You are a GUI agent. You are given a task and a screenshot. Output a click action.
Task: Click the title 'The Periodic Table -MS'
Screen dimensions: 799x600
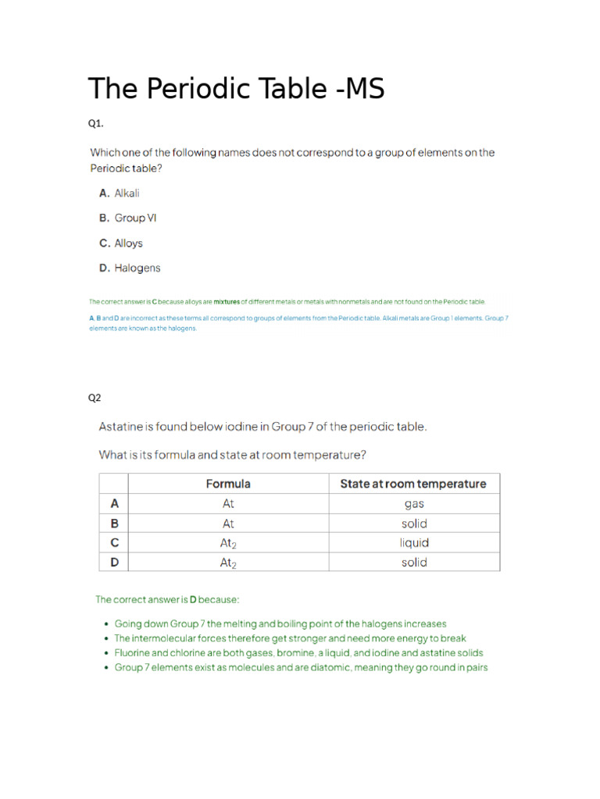point(236,89)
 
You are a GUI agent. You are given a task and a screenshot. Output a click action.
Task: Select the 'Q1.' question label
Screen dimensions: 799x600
point(95,123)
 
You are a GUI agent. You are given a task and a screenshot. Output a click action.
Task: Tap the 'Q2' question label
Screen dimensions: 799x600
point(95,397)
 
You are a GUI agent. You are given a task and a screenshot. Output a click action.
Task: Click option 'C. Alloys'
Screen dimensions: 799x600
point(120,243)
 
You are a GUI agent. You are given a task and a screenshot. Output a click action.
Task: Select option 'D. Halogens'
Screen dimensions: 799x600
point(129,268)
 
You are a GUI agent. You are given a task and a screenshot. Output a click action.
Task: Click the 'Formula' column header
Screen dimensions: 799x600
point(228,484)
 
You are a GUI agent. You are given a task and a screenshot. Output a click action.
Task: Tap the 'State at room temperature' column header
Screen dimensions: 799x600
point(412,484)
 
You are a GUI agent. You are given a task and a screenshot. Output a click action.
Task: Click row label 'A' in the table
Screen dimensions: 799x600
point(113,504)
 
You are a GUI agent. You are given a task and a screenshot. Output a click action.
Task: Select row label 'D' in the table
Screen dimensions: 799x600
point(113,562)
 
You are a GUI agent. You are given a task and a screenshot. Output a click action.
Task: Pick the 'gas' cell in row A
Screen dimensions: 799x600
point(413,504)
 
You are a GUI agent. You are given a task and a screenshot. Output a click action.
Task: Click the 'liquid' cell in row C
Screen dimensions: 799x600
point(413,542)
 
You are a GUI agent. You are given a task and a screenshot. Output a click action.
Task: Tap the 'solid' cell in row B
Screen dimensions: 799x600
point(413,524)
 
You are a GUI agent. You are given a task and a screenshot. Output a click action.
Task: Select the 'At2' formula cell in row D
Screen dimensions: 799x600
point(228,562)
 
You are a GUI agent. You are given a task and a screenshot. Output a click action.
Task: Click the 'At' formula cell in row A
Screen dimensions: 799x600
point(228,504)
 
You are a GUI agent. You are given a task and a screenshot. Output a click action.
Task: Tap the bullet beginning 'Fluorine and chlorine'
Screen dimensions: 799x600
point(298,653)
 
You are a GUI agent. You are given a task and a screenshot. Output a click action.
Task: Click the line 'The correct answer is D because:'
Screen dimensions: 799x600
point(167,599)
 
